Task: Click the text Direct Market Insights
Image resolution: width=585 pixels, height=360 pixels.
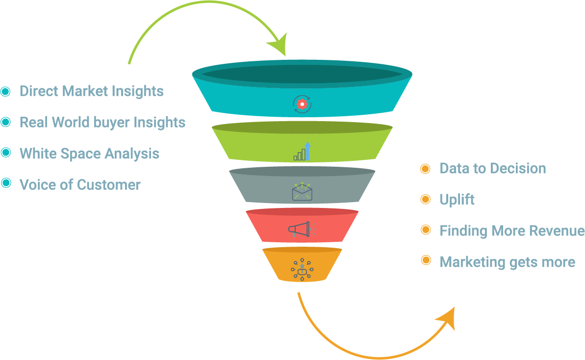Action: (91, 91)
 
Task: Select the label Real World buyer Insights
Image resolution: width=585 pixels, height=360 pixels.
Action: (102, 122)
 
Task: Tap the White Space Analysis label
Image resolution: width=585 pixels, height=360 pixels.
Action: (89, 154)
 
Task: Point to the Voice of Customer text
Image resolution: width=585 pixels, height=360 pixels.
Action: (80, 184)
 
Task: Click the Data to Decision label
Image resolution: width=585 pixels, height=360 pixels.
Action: (493, 169)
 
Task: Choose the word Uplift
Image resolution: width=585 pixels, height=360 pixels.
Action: (457, 200)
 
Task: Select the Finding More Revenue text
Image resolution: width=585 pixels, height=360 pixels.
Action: (512, 231)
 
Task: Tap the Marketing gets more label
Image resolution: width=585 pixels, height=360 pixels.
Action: (508, 262)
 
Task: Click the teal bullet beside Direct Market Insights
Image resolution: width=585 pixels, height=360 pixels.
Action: (6, 91)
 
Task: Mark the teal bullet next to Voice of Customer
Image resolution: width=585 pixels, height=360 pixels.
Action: (6, 183)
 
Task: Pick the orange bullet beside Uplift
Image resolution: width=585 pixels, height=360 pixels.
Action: (426, 199)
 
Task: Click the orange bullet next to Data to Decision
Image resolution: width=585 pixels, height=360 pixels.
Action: (426, 169)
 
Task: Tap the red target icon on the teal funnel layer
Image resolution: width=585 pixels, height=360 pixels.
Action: (302, 103)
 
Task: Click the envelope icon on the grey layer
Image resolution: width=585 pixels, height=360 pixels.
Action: (302, 191)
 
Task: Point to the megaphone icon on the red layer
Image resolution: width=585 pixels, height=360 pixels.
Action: (299, 229)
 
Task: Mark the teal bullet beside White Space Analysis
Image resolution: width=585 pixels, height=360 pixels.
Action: (6, 153)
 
